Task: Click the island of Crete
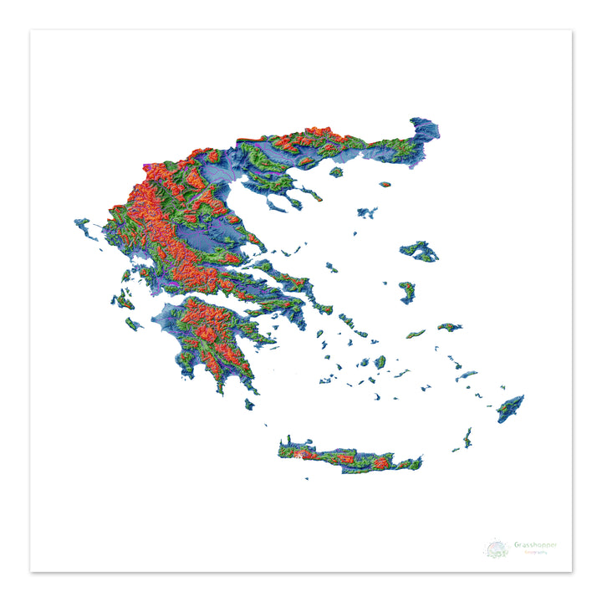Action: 351,456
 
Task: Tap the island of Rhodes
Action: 510,408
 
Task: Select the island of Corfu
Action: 84,227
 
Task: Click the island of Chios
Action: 407,292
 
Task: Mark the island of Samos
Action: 450,327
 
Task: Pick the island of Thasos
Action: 336,172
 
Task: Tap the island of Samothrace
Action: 385,184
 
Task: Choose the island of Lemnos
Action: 366,212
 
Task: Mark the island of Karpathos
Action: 467,436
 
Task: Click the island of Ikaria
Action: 416,334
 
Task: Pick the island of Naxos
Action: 380,362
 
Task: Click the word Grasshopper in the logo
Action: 536,545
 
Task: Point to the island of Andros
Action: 347,319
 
